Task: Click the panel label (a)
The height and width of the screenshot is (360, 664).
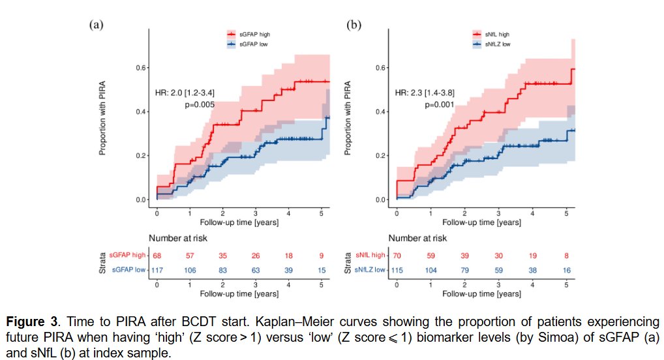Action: [x=96, y=25]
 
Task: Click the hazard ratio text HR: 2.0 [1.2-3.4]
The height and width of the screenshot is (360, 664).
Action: [x=185, y=93]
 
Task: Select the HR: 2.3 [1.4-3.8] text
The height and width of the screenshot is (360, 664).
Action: [x=425, y=93]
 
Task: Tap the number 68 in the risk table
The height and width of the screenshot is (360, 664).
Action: [x=157, y=256]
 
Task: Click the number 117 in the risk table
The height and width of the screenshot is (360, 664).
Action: [x=157, y=270]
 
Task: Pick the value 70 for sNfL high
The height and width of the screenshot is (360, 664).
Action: [x=397, y=256]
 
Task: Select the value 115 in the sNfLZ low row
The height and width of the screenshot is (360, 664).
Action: [x=397, y=270]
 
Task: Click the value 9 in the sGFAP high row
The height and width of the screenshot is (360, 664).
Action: [x=321, y=256]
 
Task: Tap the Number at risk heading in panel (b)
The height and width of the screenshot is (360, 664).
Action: [x=418, y=239]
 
